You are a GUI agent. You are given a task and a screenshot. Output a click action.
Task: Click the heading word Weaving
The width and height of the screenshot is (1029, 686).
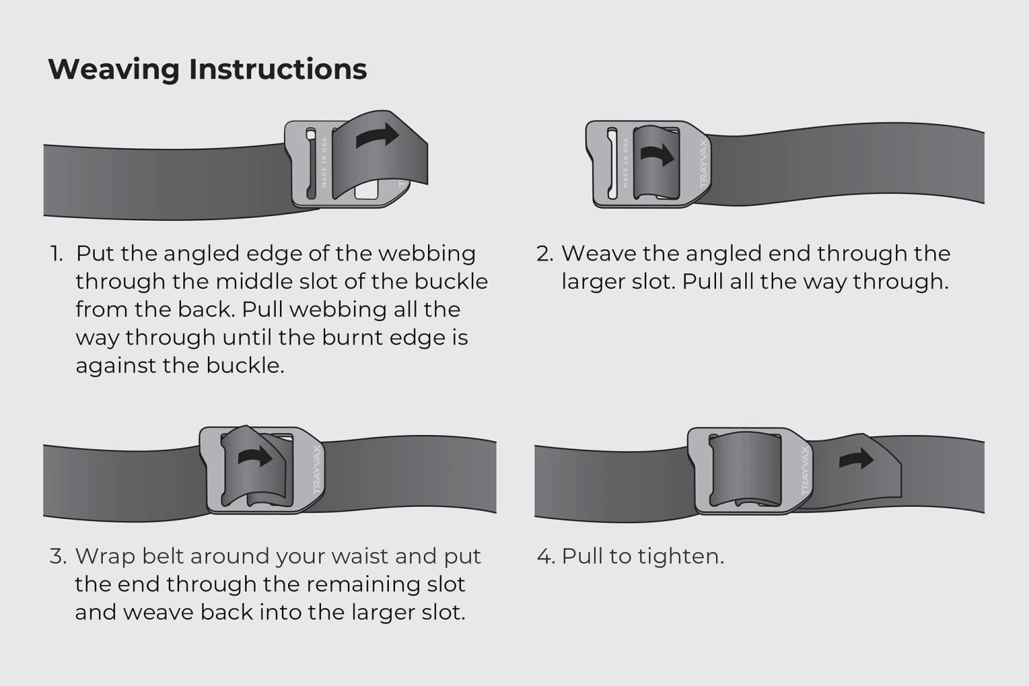pos(114,69)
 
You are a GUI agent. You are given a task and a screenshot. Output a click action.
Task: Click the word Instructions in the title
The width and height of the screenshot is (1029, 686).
pos(278,69)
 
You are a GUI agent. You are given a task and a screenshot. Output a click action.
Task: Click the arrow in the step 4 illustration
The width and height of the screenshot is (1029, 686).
pos(857,459)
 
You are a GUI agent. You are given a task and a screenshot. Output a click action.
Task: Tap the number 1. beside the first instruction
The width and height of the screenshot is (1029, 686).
pos(56,254)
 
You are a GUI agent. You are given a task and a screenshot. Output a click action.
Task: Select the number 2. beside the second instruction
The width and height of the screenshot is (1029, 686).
pos(545,254)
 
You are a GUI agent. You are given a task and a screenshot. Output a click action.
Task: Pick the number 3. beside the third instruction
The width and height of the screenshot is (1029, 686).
pos(58,556)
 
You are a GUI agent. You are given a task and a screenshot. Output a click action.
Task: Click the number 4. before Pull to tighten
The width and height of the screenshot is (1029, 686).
pos(545,556)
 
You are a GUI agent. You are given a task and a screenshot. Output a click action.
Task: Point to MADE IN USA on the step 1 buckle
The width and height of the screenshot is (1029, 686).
pos(324,163)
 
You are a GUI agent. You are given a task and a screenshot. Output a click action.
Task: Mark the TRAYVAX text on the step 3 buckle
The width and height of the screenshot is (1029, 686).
pos(317,472)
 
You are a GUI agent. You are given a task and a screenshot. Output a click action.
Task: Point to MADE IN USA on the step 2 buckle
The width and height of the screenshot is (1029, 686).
pos(625,163)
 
